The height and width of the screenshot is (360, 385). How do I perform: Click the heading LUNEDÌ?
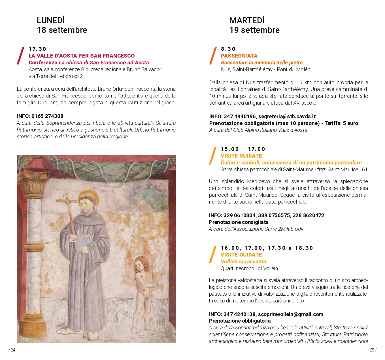click(x=51, y=20)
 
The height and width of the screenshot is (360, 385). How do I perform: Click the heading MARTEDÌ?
click(x=247, y=20)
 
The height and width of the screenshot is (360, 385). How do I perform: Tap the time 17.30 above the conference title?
click(x=37, y=49)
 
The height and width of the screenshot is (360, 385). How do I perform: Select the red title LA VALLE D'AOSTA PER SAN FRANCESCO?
click(x=82, y=56)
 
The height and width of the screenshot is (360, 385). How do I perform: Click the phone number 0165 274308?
click(x=47, y=116)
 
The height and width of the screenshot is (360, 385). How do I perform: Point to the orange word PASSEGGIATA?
click(x=239, y=56)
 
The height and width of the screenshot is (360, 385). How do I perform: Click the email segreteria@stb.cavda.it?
click(x=287, y=117)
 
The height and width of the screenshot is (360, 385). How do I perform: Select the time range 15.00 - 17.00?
click(x=243, y=149)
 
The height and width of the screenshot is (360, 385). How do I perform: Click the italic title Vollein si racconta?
click(x=243, y=262)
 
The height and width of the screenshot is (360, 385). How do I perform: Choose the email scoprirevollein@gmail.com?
click(x=290, y=314)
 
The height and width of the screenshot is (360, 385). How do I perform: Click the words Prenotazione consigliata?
click(x=239, y=222)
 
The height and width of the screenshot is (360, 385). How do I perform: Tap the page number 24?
click(x=13, y=350)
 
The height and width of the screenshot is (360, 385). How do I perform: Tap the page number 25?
click(x=372, y=350)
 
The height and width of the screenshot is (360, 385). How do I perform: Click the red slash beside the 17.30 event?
click(x=21, y=56)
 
